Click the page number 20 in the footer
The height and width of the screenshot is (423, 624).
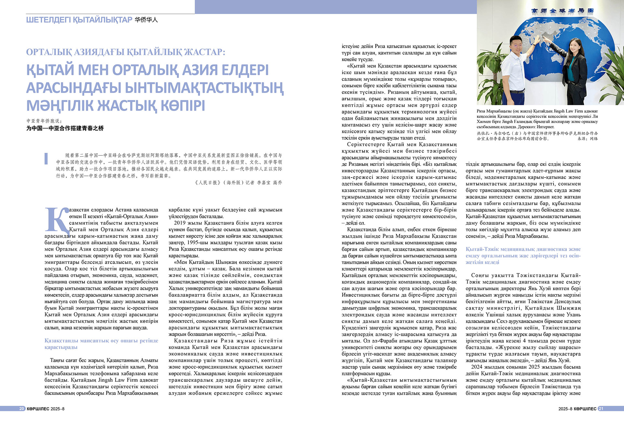tap(22, 409)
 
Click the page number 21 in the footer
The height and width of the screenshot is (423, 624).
tap(601, 409)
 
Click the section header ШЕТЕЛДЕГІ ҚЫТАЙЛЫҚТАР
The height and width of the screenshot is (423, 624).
tap(79, 20)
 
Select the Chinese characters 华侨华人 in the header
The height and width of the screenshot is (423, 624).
tap(146, 20)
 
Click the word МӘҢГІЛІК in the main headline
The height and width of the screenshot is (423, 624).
tap(60, 106)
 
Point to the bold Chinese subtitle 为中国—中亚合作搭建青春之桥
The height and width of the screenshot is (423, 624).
tap(65, 128)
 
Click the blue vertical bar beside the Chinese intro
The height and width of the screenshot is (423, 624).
tap(46, 158)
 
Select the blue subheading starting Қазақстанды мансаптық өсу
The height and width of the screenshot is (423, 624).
tap(101, 344)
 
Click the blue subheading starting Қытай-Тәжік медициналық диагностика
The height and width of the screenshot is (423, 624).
tap(523, 255)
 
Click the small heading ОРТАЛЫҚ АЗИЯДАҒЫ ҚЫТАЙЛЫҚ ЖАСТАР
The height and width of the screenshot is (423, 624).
tap(125, 52)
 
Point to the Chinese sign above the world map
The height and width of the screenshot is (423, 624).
tap(562, 10)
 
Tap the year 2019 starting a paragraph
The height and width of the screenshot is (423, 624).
tap(179, 223)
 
